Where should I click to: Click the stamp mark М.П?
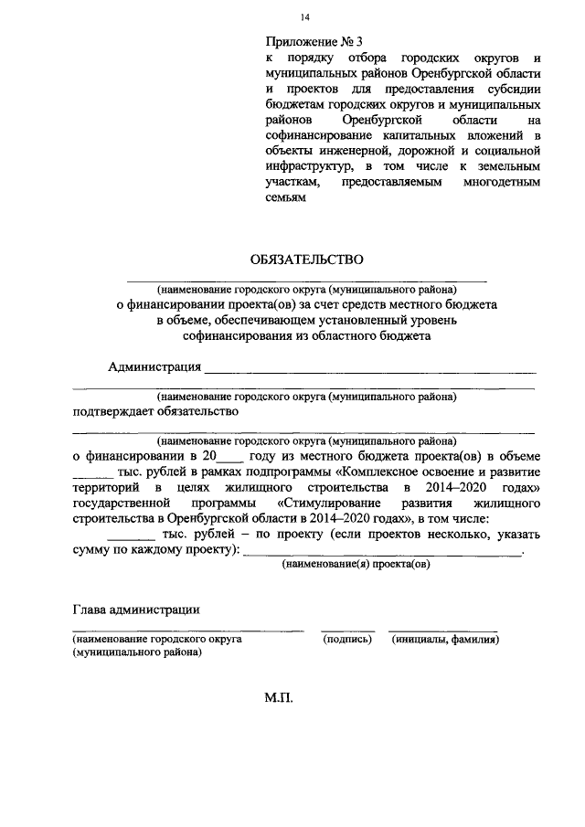pyautogui.click(x=277, y=698)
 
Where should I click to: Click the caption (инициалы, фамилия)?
pyautogui.click(x=445, y=640)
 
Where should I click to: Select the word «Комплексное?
pyautogui.click(x=379, y=472)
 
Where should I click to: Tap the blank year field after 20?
pyautogui.click(x=232, y=455)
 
